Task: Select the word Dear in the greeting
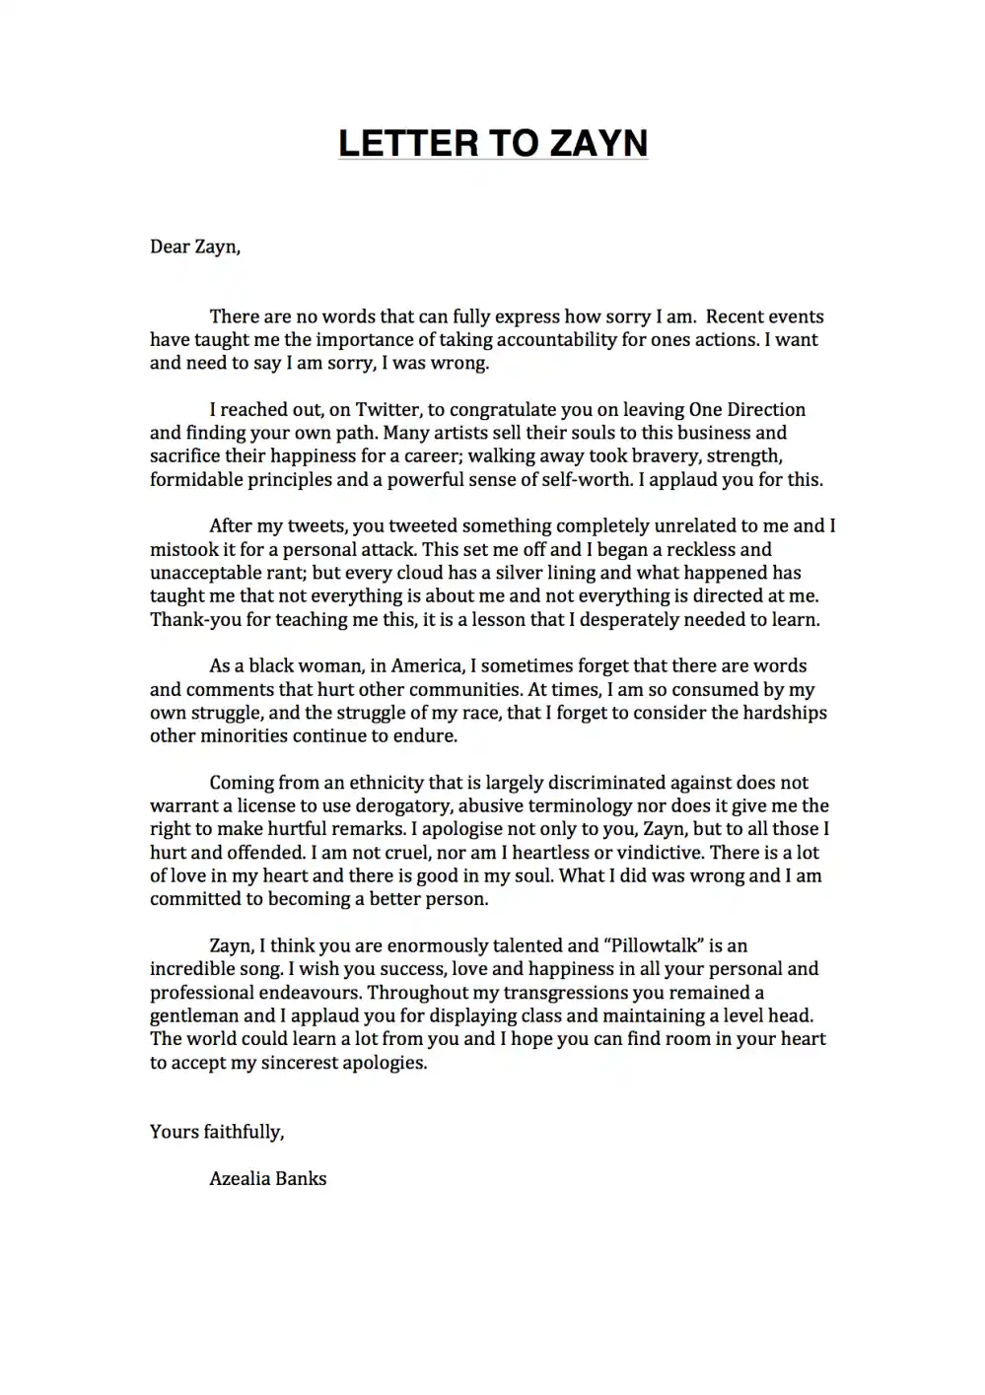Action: pyautogui.click(x=170, y=246)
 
